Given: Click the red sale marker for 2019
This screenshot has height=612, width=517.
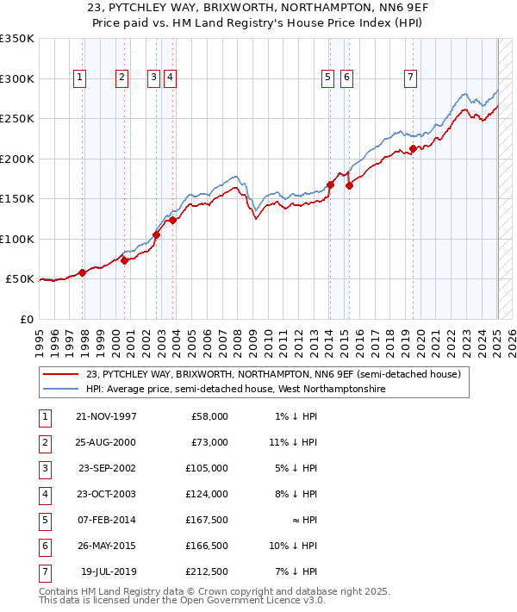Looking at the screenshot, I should point(414,148).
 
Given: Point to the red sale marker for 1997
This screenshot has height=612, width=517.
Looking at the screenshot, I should point(83,272).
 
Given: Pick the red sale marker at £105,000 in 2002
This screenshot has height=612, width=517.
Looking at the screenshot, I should point(157,234).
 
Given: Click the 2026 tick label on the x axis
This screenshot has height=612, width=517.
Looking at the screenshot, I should point(511,337).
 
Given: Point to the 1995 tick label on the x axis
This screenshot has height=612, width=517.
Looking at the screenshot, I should point(39,337).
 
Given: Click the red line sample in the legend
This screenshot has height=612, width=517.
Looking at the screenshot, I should point(61,374).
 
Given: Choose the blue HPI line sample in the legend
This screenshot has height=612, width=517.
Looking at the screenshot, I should point(61,390).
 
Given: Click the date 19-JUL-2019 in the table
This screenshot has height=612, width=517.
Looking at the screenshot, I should point(108,571).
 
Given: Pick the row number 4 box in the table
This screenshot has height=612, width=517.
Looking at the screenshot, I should point(45,494).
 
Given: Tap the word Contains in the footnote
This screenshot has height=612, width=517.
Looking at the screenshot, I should point(61,592).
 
